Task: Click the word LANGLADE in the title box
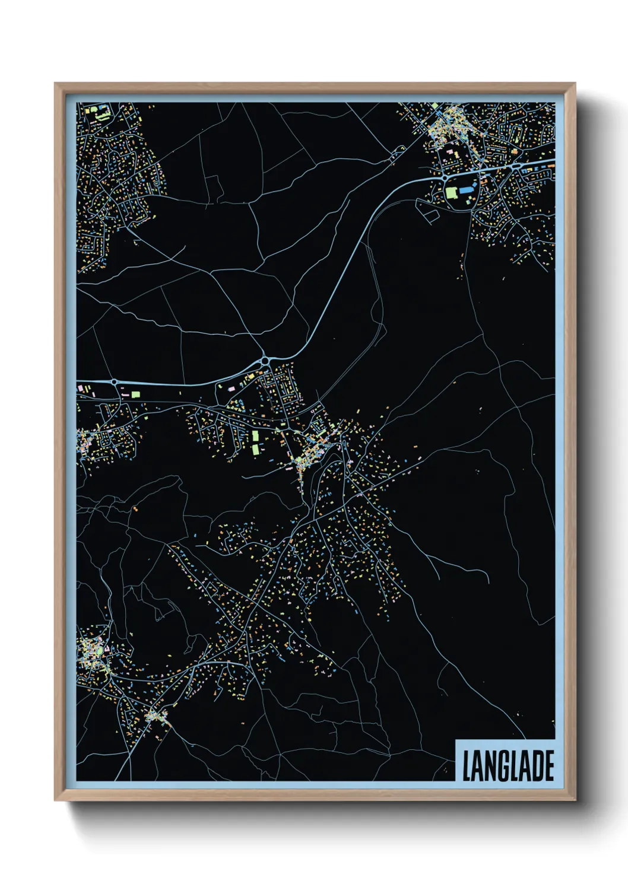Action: (x=508, y=766)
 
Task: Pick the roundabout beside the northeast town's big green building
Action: (x=445, y=177)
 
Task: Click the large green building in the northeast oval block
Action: (x=452, y=193)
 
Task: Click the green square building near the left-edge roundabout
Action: (x=135, y=394)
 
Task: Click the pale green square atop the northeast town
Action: (x=435, y=106)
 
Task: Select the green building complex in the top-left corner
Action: (x=101, y=112)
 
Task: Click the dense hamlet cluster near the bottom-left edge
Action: (x=157, y=717)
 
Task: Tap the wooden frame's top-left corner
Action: (x=55, y=84)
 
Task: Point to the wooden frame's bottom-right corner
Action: (x=575, y=800)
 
